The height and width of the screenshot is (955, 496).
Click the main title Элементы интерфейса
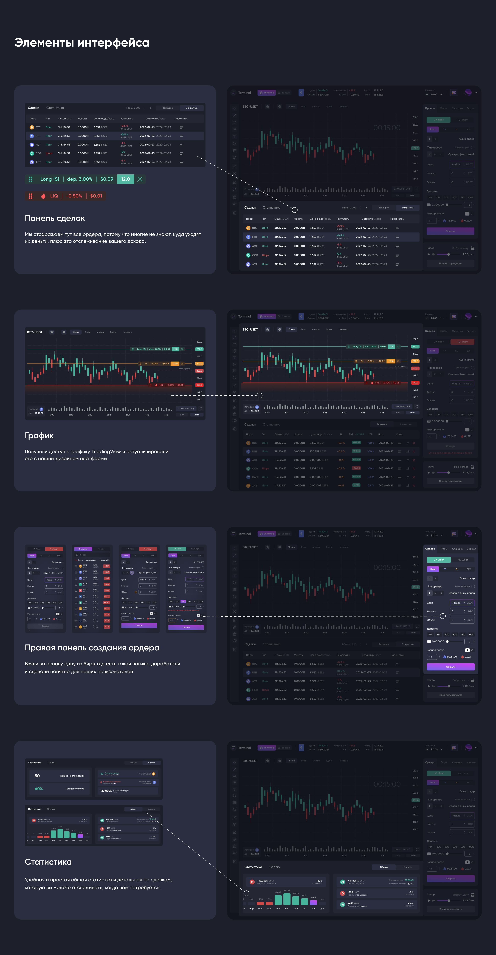[82, 43]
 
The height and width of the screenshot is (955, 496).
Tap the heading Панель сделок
[55, 218]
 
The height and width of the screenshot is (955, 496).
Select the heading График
[39, 436]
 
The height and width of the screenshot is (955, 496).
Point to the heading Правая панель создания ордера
[92, 648]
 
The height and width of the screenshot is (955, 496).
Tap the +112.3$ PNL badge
[356, 443]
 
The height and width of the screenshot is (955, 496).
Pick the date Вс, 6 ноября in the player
[461, 467]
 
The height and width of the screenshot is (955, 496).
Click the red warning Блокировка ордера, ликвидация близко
[450, 453]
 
